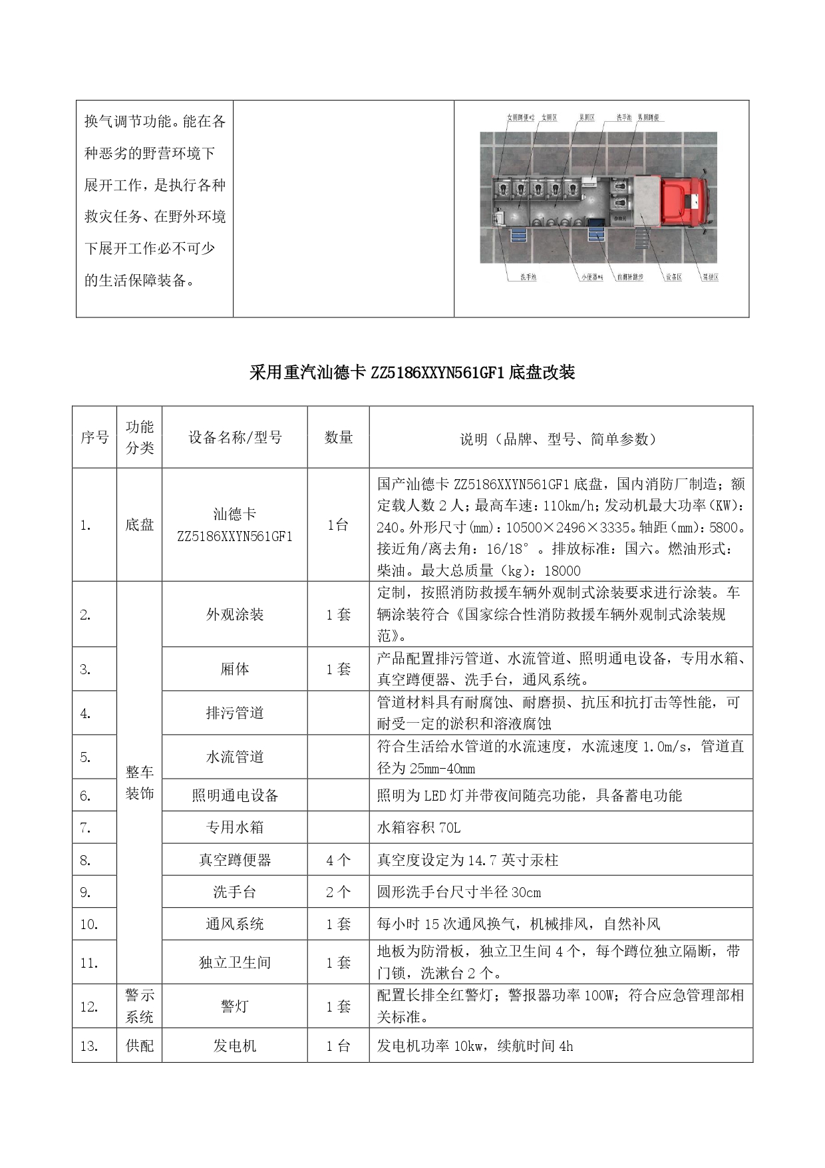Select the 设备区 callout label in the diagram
tap(673, 277)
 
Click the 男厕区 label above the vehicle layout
tap(586, 118)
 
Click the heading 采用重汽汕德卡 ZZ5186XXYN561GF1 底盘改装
tap(412, 372)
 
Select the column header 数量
tap(338, 437)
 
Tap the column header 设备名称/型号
tap(235, 437)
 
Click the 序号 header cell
tap(94, 437)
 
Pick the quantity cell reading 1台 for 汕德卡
tap(338, 525)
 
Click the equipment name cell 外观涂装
tap(235, 614)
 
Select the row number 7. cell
tap(86, 828)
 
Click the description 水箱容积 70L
tap(418, 828)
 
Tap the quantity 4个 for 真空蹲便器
tap(338, 860)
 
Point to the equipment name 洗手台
tap(235, 892)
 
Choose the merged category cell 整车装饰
tap(140, 783)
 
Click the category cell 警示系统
tap(140, 1006)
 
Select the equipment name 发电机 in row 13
tap(235, 1046)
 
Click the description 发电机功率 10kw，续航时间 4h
tap(474, 1046)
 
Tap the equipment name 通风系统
tap(235, 924)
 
